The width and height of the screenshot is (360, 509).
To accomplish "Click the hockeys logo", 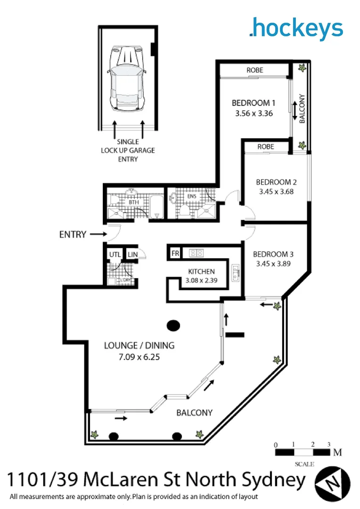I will click(296, 28).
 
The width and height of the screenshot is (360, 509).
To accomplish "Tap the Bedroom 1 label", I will click(253, 103).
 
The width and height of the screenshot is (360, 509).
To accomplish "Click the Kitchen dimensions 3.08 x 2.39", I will click(201, 281).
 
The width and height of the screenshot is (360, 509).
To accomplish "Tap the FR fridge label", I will click(175, 254).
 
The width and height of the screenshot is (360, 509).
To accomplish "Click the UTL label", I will click(114, 255).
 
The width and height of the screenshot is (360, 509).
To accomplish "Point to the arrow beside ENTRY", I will click(98, 234).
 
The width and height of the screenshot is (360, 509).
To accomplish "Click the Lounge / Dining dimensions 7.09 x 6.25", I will click(139, 357).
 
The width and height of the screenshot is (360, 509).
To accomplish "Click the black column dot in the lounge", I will click(173, 325).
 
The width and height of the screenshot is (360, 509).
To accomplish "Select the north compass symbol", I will click(333, 481).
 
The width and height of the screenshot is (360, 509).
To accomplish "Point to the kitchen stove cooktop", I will click(196, 254).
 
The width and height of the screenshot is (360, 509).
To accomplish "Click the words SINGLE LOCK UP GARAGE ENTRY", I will click(128, 150).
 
